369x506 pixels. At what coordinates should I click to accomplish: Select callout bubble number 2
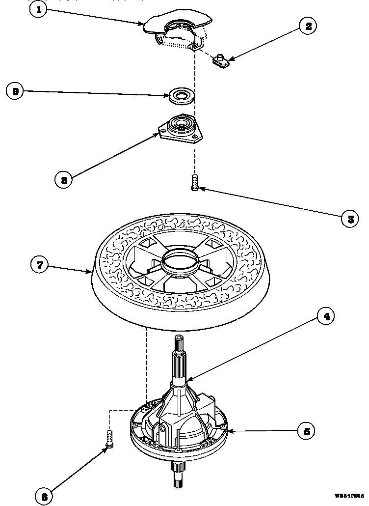click(308, 26)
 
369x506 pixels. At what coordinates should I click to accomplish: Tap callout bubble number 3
click(350, 219)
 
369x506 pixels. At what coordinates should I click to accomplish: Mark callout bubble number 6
click(45, 496)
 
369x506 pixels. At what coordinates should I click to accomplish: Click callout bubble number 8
click(63, 180)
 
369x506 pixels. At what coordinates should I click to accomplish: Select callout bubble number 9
click(16, 91)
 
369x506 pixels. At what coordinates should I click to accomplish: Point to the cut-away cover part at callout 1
click(177, 27)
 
